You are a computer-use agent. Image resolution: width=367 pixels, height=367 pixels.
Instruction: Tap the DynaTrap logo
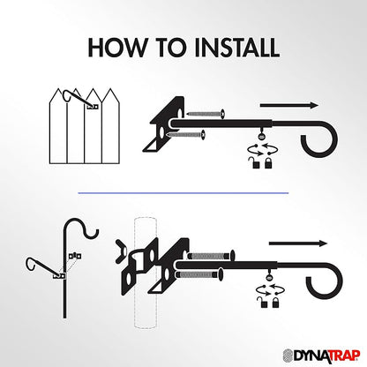coord(321,356)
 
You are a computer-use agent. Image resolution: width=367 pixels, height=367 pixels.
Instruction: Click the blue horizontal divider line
coord(183,193)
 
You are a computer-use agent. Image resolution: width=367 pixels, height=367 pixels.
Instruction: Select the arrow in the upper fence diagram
coord(289,105)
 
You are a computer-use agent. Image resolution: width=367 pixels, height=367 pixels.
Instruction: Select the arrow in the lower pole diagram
coord(298,243)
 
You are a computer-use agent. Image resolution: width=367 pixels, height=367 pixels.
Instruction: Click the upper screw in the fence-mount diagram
coord(206,113)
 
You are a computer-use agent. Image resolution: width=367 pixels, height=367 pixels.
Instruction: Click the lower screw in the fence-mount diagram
coord(185,135)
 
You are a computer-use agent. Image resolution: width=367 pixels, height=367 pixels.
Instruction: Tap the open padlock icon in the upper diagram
coord(255,162)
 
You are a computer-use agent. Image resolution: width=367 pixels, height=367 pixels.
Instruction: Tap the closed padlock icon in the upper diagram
coord(268,163)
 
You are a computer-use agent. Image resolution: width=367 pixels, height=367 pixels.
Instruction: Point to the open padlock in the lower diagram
coord(262,303)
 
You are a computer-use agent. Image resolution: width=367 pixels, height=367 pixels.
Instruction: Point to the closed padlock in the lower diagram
coord(275,303)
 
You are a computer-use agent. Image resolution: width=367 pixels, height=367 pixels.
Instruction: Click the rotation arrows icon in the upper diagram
coord(263,149)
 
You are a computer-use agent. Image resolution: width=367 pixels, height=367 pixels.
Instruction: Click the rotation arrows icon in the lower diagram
coord(270,289)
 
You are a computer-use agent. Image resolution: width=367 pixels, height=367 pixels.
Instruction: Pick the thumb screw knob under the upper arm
coord(261,136)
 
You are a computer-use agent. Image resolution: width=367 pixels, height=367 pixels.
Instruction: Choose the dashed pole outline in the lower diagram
coord(145,273)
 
